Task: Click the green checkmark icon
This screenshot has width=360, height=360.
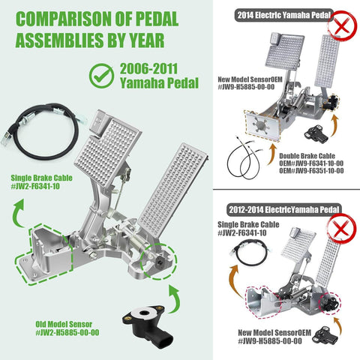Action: click(x=102, y=75)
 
